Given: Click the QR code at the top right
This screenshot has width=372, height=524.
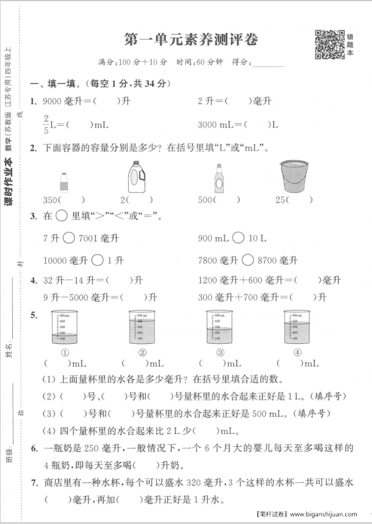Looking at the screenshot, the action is coord(329,44).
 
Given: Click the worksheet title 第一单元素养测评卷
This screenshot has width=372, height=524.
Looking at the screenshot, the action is coord(190,40).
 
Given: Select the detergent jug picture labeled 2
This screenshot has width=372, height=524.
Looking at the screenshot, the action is coord(136,177).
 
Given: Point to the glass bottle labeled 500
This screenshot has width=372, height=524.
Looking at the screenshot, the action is coord(219,177).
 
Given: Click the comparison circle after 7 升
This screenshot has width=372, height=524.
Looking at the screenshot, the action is coord(68,238).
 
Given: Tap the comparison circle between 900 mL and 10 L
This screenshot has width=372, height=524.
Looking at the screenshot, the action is coord(238,238).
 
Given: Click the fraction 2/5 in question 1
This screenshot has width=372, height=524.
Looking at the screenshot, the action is coord(46,123).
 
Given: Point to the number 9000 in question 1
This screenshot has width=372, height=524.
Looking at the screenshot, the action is coord(52,101).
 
